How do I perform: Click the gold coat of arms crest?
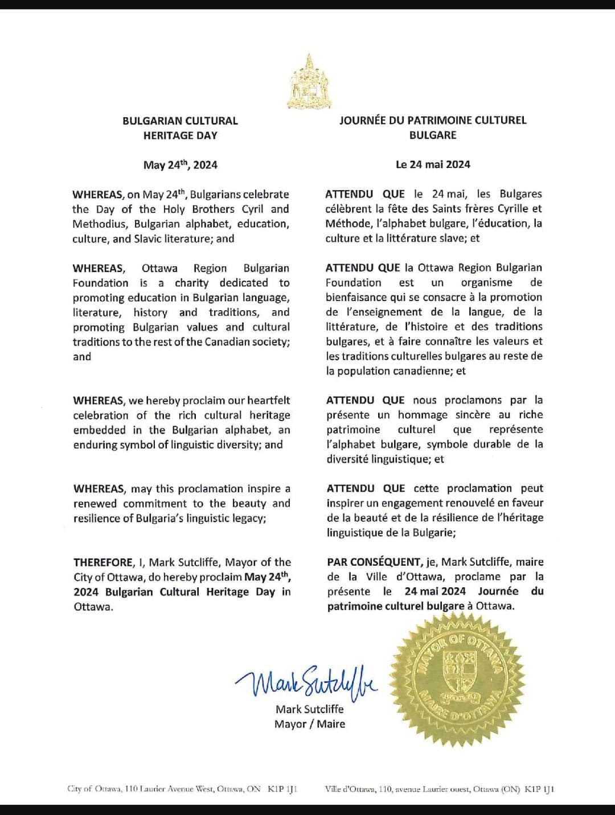pos(309,83)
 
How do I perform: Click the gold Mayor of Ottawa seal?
pos(462,683)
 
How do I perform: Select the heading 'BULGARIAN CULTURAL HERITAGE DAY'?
pos(180,128)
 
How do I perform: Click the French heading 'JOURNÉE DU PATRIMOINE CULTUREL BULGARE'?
pos(433,128)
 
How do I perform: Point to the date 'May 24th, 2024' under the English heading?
pos(180,165)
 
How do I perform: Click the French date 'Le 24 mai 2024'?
pos(433,164)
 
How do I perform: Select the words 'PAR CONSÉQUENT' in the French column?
pos(374,562)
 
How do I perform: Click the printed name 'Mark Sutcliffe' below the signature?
pos(309,709)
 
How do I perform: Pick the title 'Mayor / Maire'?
pos(309,724)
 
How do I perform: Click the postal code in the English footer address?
pos(282,789)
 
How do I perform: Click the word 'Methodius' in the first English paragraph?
pos(100,224)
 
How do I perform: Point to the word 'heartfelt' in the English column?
pos(267,401)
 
